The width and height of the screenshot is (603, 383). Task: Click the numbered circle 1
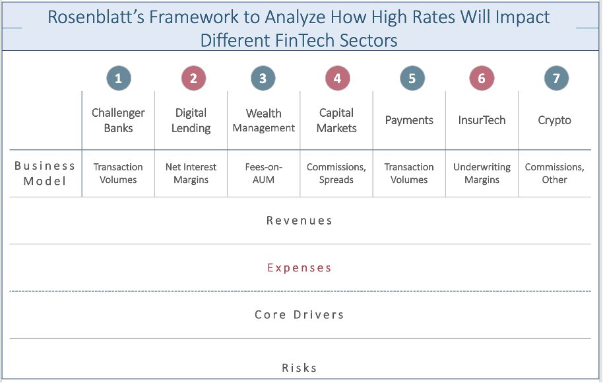tap(119, 79)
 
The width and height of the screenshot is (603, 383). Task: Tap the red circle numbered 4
tap(337, 79)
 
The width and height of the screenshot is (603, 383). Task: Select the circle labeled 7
tap(556, 79)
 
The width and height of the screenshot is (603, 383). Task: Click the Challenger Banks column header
tap(118, 120)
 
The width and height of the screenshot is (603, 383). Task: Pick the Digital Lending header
tap(191, 120)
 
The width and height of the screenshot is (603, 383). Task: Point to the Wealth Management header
tap(263, 120)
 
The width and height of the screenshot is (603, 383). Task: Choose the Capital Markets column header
tap(336, 120)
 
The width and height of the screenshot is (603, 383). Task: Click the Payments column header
tap(409, 120)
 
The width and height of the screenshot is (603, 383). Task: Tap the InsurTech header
tap(482, 120)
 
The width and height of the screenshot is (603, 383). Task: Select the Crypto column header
tap(554, 120)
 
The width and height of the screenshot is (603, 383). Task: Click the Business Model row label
tap(45, 173)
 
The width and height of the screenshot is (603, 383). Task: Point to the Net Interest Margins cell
tap(191, 173)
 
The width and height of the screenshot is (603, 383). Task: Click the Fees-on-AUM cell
tap(263, 173)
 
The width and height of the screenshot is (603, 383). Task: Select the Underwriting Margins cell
tap(482, 173)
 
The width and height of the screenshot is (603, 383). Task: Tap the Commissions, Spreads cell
tap(336, 173)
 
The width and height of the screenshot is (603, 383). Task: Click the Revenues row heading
tap(300, 221)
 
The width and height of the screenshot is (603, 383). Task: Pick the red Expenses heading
tap(300, 268)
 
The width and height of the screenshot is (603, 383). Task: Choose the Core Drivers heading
tap(300, 315)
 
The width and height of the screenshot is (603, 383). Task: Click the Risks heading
tap(300, 368)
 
